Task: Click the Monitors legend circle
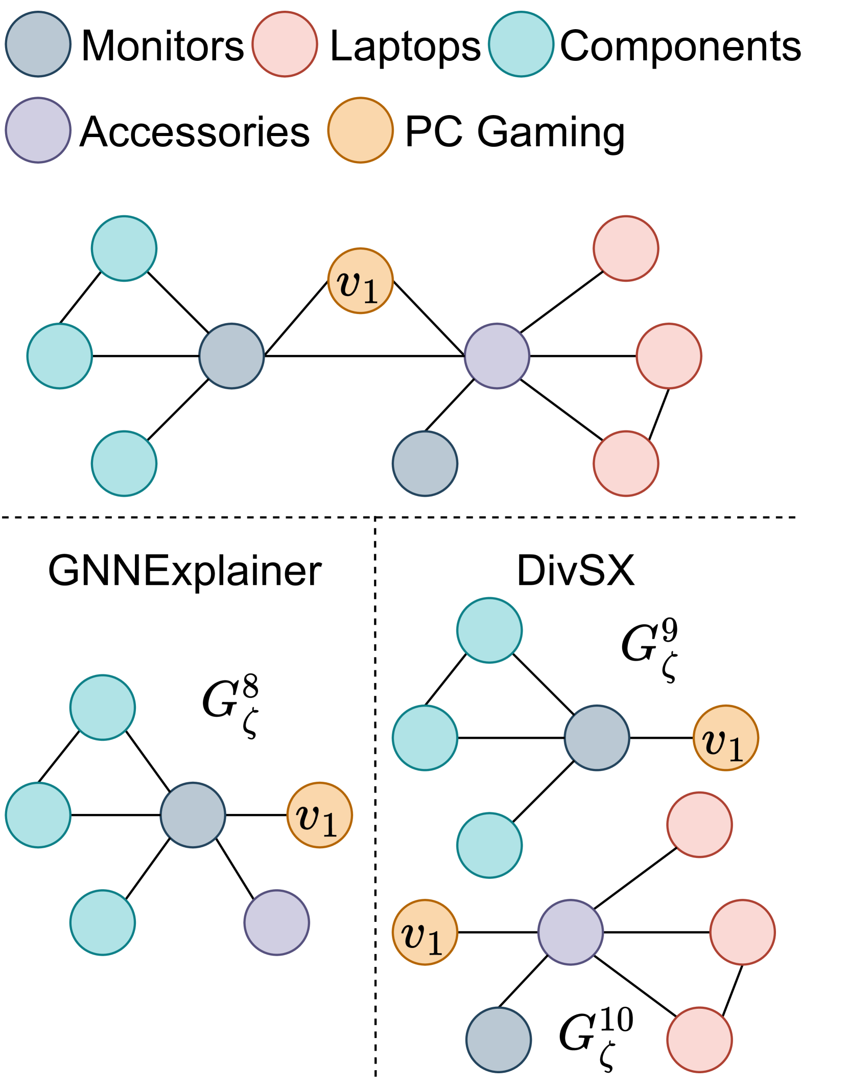pos(38,44)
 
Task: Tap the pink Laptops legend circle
pos(285,44)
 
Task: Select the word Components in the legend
pos(680,46)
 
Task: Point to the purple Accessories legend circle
pos(38,130)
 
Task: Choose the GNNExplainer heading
pos(184,571)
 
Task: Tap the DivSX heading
pos(575,571)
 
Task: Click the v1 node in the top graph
pos(360,281)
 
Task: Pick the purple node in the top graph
pos(497,356)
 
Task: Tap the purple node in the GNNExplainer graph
pos(276,922)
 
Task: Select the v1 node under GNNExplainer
pos(319,815)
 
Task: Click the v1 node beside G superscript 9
pos(725,738)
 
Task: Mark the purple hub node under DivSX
pos(570,932)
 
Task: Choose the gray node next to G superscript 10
pos(498,1039)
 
